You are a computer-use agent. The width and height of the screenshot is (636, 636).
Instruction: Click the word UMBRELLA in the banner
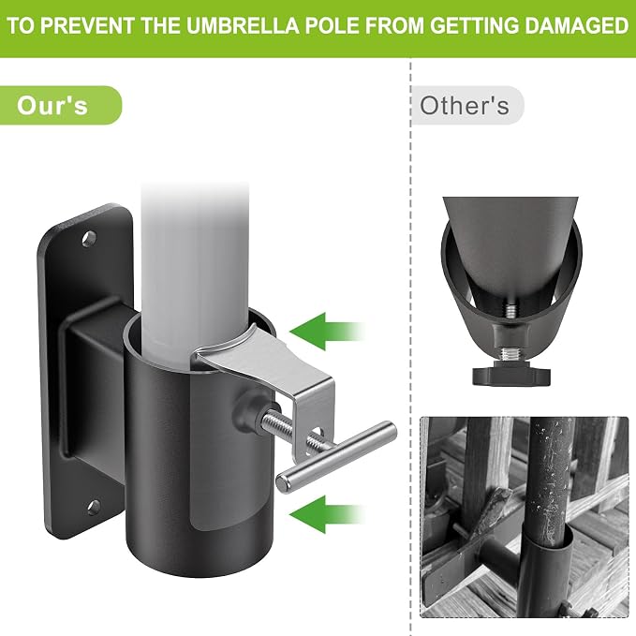coord(243,25)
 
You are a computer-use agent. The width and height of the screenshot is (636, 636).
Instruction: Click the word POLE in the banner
coord(333,25)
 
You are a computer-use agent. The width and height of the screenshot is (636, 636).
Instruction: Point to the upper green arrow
coord(327,332)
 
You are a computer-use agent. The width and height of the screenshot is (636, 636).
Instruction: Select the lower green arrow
coord(327,514)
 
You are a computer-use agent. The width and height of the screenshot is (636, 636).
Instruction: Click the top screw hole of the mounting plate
coord(89,239)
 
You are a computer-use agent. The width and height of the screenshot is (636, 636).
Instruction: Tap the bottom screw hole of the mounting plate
coord(94,507)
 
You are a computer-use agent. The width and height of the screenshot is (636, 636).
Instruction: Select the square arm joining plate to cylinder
coord(96,390)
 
